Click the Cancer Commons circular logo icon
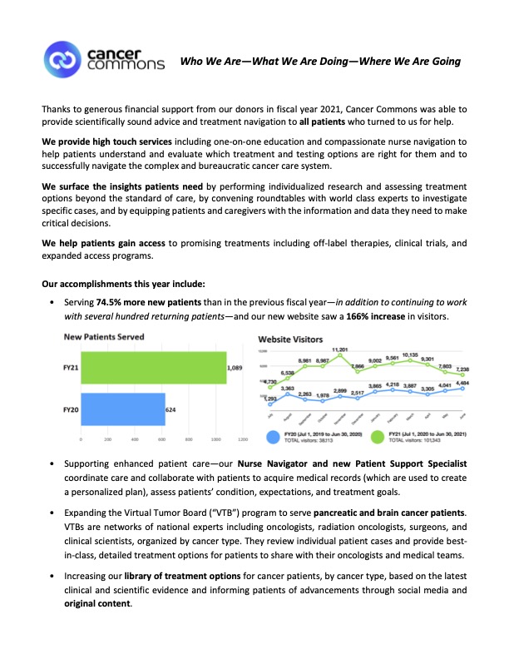coord(62,61)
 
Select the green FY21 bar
coord(153,366)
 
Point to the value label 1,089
coord(240,367)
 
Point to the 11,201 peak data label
coord(340,349)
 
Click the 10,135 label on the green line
coord(411,354)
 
